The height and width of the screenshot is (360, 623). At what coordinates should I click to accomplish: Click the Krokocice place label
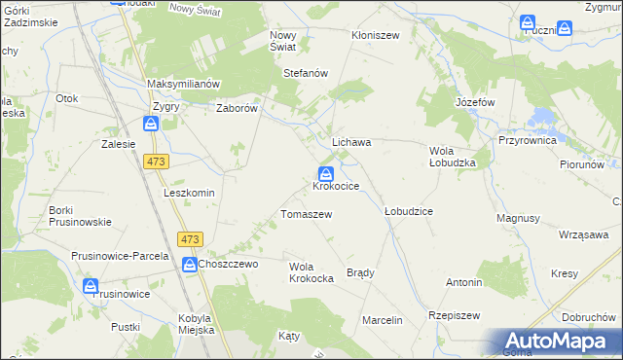[337, 186]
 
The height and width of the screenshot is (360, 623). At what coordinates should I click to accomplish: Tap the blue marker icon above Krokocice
[326, 172]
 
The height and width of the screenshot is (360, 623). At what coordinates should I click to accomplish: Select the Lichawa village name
[352, 142]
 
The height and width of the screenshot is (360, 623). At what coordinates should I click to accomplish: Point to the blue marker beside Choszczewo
[189, 263]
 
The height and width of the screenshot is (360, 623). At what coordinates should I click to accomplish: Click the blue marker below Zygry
[151, 124]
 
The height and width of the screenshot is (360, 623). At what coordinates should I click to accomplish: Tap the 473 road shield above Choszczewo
[190, 239]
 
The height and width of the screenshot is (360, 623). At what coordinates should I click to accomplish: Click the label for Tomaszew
[307, 214]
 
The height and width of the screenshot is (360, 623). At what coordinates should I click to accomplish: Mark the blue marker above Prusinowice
[91, 286]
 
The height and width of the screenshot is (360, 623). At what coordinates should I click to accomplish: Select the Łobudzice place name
[408, 211]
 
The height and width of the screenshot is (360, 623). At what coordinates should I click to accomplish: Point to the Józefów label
[475, 102]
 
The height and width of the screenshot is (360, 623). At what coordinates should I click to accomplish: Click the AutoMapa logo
[560, 341]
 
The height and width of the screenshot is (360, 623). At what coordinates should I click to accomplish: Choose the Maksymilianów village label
[185, 84]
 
